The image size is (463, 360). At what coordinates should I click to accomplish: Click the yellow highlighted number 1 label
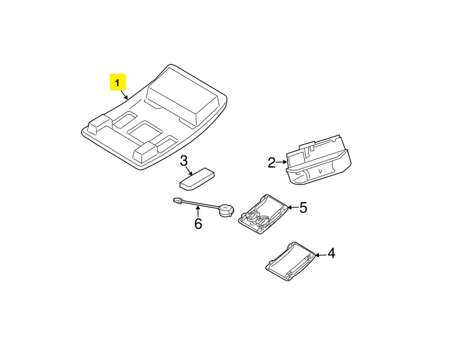[118, 82]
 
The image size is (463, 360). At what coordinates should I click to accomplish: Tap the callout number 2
[272, 163]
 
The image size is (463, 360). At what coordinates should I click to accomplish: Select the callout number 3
[184, 161]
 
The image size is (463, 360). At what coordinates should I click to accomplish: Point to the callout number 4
[332, 253]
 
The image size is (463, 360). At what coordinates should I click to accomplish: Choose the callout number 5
[304, 207]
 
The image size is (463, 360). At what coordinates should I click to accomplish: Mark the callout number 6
[198, 223]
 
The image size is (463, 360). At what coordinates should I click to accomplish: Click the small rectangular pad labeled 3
[197, 179]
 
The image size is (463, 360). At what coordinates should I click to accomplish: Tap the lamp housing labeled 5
[263, 214]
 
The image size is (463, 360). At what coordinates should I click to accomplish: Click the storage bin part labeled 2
[318, 161]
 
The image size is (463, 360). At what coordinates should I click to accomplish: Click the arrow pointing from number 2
[281, 162]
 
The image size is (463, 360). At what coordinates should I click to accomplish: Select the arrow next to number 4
[321, 254]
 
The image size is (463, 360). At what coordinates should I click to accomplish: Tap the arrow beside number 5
[293, 207]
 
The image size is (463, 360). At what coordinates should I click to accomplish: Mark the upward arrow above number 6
[198, 212]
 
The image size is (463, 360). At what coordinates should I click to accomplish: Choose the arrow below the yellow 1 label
[124, 95]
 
